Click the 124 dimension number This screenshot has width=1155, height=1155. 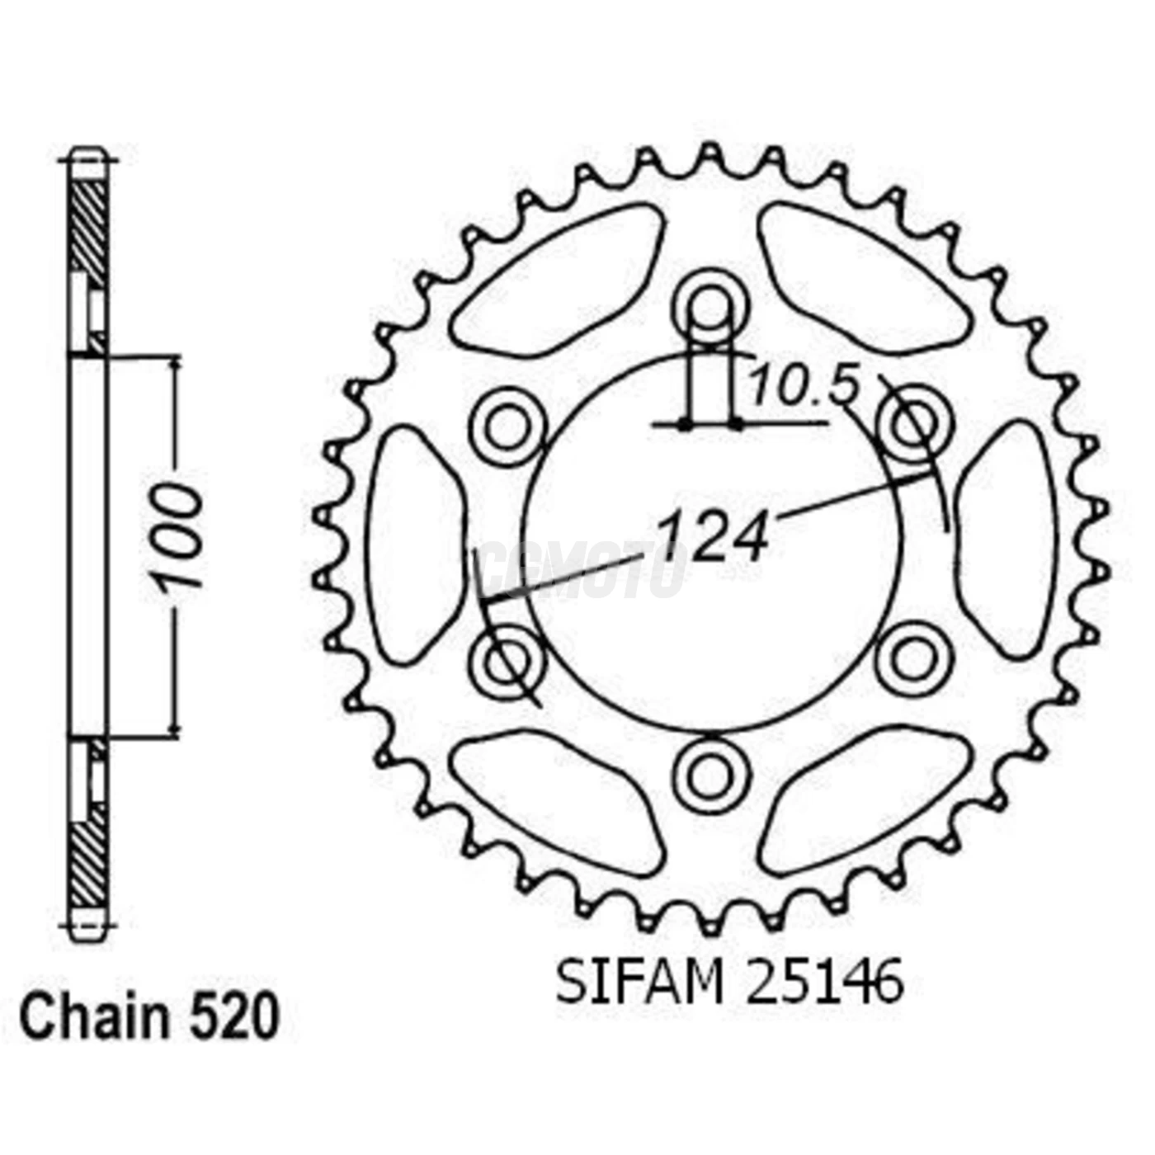(714, 537)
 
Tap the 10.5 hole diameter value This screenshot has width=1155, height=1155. (804, 387)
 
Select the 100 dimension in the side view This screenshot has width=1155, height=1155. (181, 537)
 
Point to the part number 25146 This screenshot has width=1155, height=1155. (824, 983)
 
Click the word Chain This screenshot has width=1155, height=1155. (93, 1019)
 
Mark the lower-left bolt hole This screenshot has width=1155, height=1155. (507, 661)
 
